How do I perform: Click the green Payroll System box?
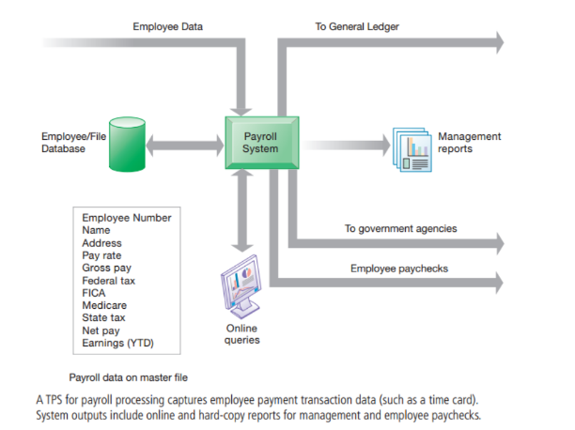[259, 142]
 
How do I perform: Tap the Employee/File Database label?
[70, 143]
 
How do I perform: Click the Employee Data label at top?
[168, 26]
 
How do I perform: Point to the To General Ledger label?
[357, 26]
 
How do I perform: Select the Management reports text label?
[469, 143]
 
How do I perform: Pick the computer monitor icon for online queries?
[240, 286]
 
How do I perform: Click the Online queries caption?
[241, 334]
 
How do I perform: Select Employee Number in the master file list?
[127, 218]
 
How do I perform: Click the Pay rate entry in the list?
[101, 254]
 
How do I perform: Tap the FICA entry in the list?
[96, 292]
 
